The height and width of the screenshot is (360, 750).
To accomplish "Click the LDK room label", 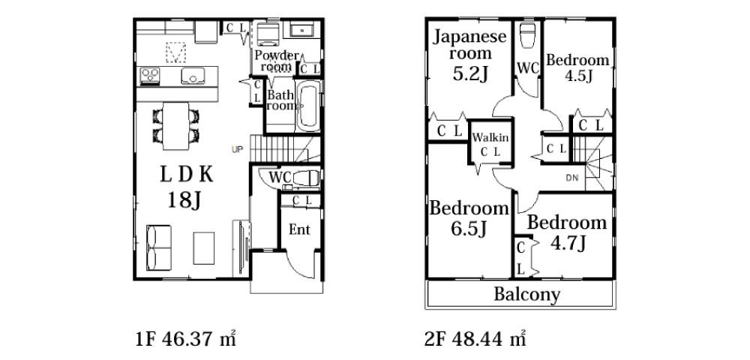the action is [x=185, y=187].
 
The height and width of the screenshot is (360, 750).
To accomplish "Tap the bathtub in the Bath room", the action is [x=308, y=106].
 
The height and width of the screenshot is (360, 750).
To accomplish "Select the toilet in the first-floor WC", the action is [x=306, y=178].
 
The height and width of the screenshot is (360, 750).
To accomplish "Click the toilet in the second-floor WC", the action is [x=526, y=35].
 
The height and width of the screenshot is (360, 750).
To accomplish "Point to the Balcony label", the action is [x=526, y=295].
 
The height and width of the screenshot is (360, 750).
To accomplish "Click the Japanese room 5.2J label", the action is [x=469, y=56].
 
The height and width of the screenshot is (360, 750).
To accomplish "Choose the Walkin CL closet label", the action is [x=490, y=145].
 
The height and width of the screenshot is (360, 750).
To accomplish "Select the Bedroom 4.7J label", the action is [x=567, y=232].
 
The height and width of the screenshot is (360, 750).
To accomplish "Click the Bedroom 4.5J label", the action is [x=577, y=68].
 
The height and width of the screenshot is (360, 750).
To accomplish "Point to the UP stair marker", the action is [x=237, y=150].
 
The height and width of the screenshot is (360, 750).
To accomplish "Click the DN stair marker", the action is [x=572, y=178].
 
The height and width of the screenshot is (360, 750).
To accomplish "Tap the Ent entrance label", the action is [x=299, y=230].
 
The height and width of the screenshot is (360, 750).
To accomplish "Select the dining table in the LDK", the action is [x=176, y=126].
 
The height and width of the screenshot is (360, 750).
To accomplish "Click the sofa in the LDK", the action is [x=159, y=247].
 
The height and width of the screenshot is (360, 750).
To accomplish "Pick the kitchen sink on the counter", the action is [x=193, y=76].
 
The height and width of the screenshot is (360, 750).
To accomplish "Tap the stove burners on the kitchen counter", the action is [x=150, y=76].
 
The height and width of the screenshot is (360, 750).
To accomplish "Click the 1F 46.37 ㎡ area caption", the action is [x=186, y=339].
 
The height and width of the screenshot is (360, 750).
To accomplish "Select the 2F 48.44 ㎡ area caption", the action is [x=475, y=339].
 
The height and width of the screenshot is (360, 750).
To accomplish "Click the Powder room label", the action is [x=276, y=61].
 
